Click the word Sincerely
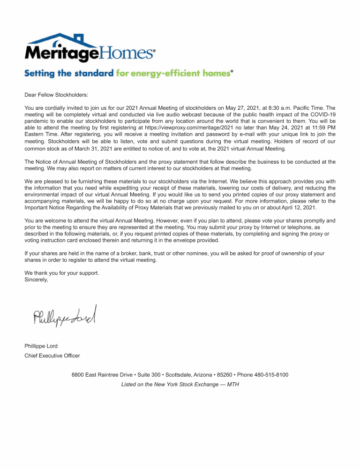(36, 280)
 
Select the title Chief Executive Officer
(52, 356)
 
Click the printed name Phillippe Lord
(41, 346)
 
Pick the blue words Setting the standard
(69, 73)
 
